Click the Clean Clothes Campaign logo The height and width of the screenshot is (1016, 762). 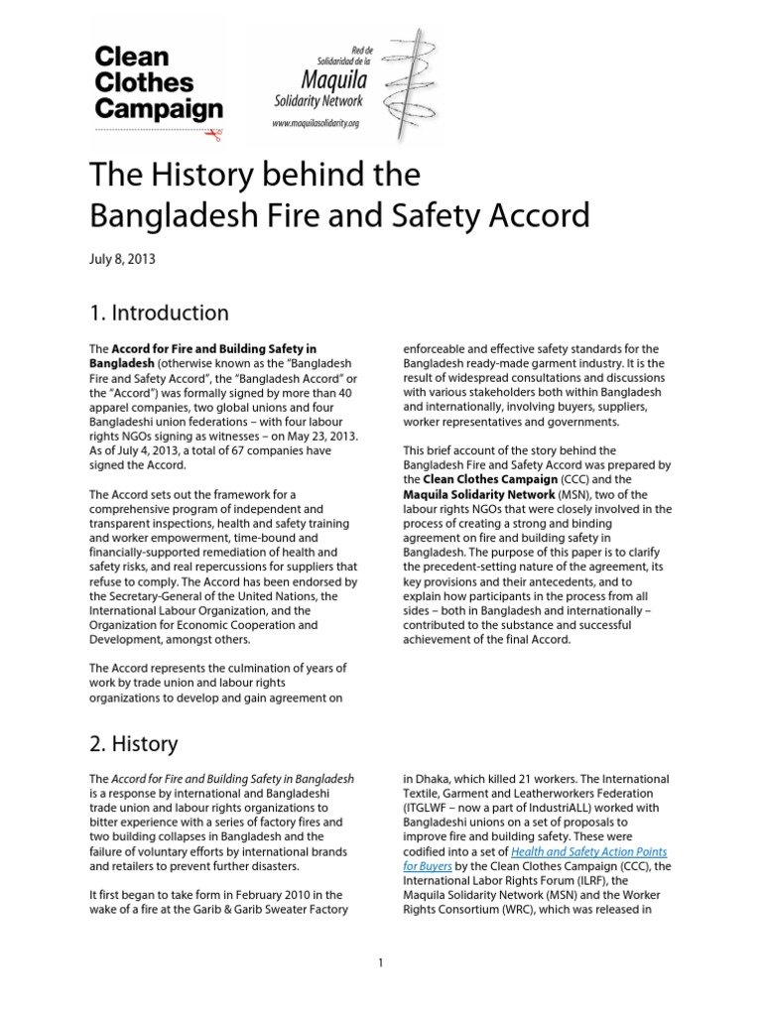pyautogui.click(x=157, y=83)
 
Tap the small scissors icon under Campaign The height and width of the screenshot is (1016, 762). pyautogui.click(x=217, y=131)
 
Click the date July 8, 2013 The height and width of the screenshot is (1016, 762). pyautogui.click(x=122, y=260)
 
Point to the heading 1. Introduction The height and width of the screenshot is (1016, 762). pyautogui.click(x=159, y=313)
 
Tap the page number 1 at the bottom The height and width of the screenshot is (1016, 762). pyautogui.click(x=380, y=961)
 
